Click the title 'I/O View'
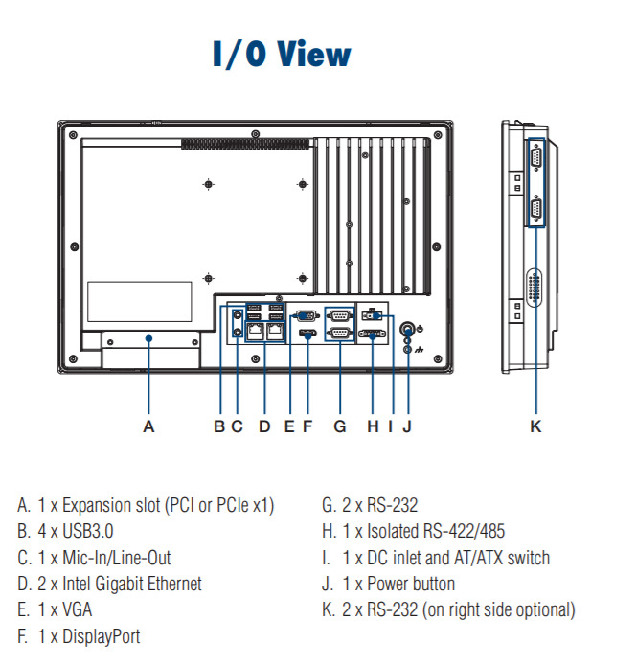(281, 53)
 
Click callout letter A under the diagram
(148, 426)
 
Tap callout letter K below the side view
(535, 426)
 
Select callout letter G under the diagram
(339, 426)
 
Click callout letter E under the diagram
(289, 426)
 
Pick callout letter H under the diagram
(373, 426)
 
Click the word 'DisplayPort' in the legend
(100, 636)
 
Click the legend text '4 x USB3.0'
(81, 531)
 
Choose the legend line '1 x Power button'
(398, 584)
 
